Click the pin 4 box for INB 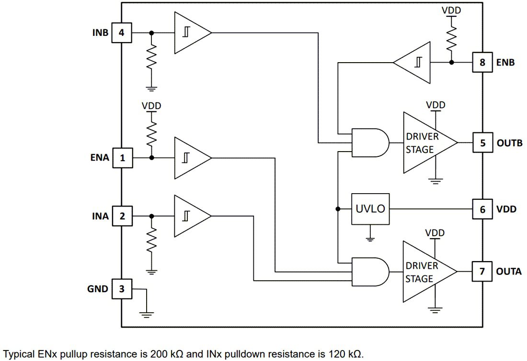coord(122,33)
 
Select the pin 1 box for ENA coord(122,157)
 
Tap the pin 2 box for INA coord(122,216)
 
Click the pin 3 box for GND coord(122,289)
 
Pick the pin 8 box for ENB coord(482,62)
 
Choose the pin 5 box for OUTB coord(482,142)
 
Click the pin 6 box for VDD coord(482,209)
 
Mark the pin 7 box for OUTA coord(482,271)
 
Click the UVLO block coord(370,209)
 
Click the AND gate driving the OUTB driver coord(369,142)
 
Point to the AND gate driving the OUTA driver coord(369,272)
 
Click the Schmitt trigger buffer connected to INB coord(189,33)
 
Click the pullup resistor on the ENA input coord(152,134)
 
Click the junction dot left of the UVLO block coord(338,209)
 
